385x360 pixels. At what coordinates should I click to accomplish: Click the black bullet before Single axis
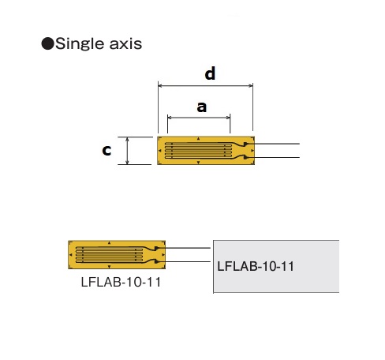[47, 43]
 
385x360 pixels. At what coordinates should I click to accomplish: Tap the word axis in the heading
[125, 44]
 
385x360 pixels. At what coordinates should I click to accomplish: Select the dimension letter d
[210, 73]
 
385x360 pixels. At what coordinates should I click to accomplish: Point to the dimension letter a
[202, 107]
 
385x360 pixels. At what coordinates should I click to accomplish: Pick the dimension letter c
[107, 150]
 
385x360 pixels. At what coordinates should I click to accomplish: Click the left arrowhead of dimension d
[160, 85]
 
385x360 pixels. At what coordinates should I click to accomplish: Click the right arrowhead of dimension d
[251, 85]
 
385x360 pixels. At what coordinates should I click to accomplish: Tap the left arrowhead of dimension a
[170, 118]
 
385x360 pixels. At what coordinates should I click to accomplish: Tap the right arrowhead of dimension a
[228, 118]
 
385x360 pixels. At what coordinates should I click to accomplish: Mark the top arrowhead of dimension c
[128, 139]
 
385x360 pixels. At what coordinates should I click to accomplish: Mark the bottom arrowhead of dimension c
[128, 163]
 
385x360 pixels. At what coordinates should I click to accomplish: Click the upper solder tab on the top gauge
[245, 144]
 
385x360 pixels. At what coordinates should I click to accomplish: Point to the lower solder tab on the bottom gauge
[156, 261]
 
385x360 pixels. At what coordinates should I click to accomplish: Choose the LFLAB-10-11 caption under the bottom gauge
[121, 283]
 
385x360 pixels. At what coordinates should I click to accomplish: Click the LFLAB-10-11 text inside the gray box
[256, 266]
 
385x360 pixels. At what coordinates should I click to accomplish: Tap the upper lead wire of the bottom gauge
[184, 248]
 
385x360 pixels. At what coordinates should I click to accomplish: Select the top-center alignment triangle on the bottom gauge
[110, 243]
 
